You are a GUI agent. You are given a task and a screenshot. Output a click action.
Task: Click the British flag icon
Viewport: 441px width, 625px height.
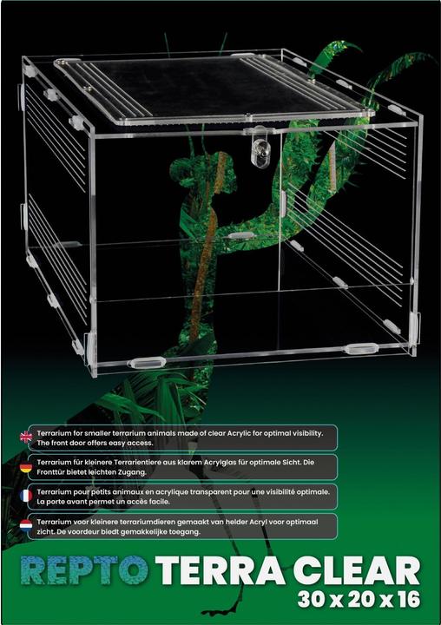coord(26,437)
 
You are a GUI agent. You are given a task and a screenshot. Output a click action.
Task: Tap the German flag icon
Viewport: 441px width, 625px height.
coord(26,466)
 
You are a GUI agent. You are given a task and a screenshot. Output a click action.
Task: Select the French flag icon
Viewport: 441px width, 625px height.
coord(26,496)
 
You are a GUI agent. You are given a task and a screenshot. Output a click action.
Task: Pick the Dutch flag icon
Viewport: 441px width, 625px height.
coord(26,525)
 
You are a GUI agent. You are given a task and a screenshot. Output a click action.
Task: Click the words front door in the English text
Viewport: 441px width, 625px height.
coord(68,443)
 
